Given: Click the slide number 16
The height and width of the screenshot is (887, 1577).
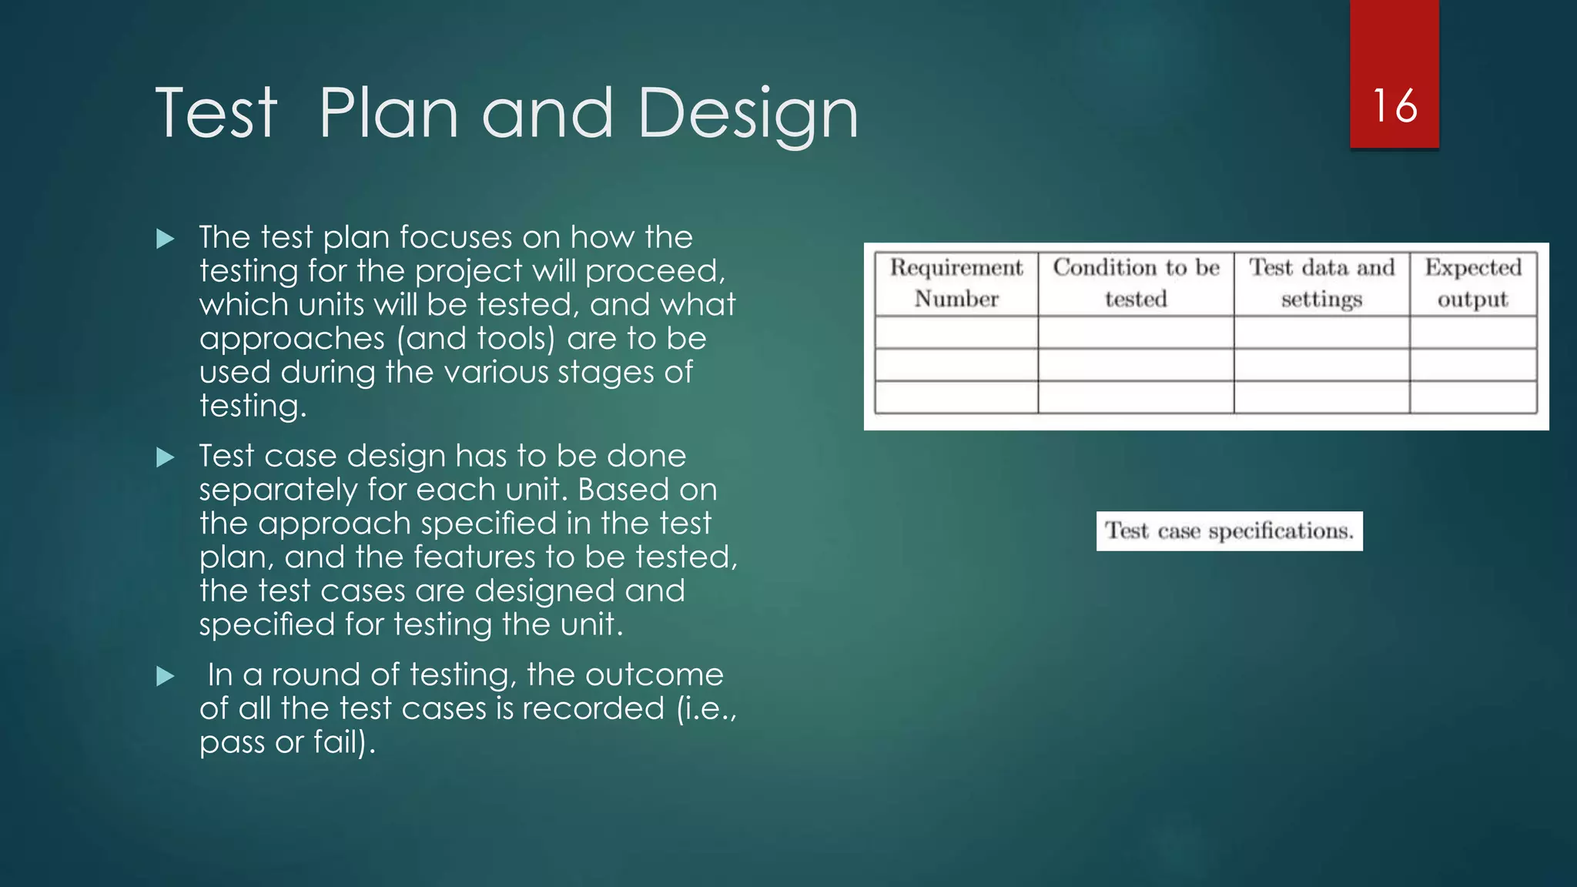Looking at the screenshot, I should pyautogui.click(x=1394, y=105).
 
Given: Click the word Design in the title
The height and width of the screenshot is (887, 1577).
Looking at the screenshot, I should pyautogui.click(x=747, y=114).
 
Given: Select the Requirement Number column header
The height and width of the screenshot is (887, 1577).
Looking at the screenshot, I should pyautogui.click(x=956, y=283).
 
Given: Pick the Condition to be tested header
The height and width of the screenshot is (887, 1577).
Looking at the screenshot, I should pyautogui.click(x=1136, y=283).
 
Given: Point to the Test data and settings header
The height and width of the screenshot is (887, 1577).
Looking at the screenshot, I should pyautogui.click(x=1321, y=283).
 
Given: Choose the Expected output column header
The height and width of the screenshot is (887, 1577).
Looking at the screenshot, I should pyautogui.click(x=1473, y=283).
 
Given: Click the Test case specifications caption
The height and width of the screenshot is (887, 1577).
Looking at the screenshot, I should pyautogui.click(x=1229, y=531).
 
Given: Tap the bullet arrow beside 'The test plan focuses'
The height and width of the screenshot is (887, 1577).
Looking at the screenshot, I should pyautogui.click(x=166, y=239).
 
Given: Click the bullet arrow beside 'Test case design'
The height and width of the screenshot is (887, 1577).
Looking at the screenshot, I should pyautogui.click(x=166, y=457).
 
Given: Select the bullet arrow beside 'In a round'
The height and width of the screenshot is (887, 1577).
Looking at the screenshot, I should pyautogui.click(x=166, y=676).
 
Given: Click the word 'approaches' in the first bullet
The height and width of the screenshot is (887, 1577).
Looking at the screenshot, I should pyautogui.click(x=293, y=340).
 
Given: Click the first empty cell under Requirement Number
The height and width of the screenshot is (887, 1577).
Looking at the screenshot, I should pyautogui.click(x=956, y=333).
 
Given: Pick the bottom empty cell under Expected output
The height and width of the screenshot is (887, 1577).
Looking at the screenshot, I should pyautogui.click(x=1473, y=397).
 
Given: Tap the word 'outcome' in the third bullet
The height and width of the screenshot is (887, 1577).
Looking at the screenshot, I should pyautogui.click(x=654, y=675).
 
